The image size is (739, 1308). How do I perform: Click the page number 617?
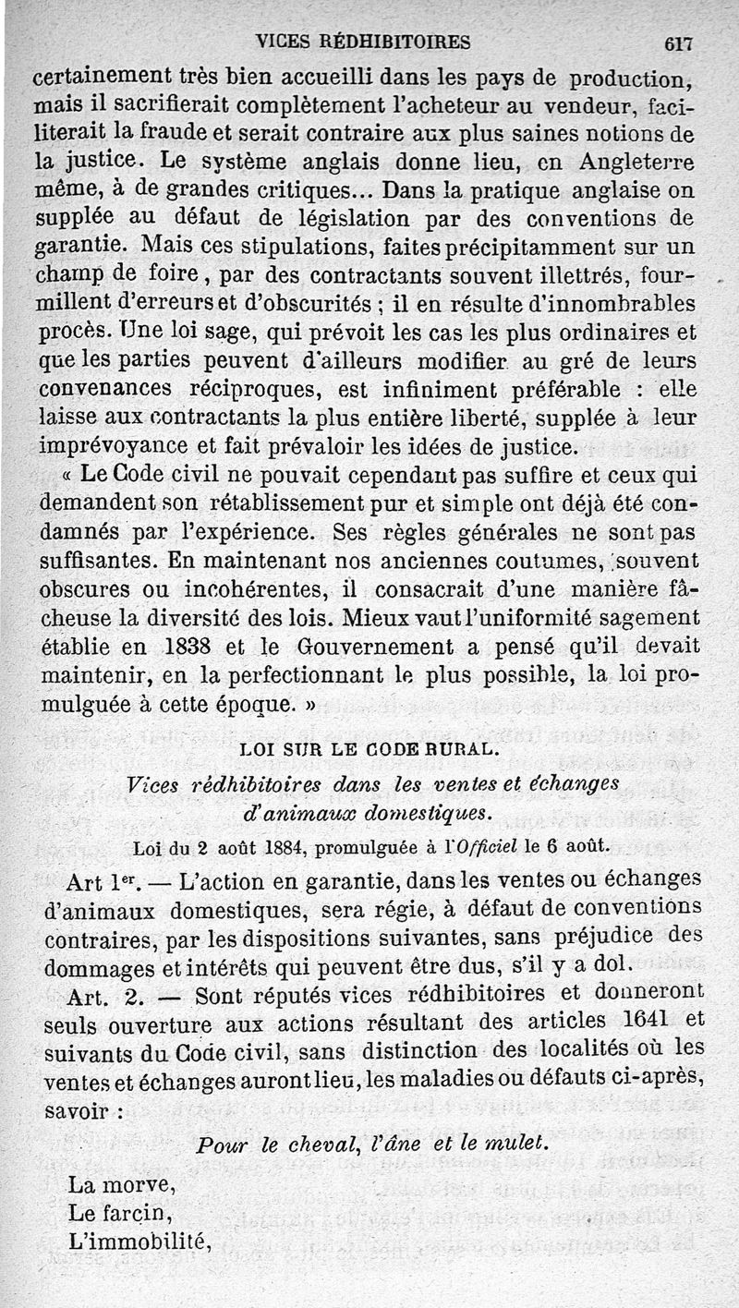point(677,42)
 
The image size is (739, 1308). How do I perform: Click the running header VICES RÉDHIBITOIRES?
point(363,42)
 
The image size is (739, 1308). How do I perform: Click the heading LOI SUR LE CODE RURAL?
point(369,749)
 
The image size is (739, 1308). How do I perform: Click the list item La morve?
point(120,1184)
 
